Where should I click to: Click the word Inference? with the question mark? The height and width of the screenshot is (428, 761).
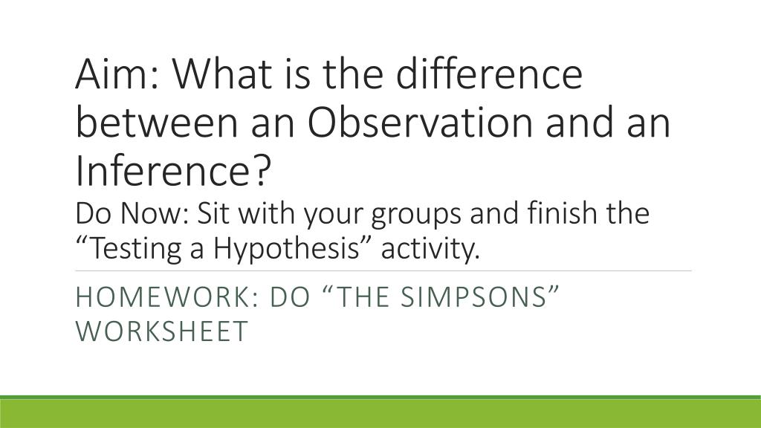tap(172, 172)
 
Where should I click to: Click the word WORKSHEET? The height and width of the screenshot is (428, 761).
tap(162, 331)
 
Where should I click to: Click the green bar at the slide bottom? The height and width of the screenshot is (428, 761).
tap(380, 413)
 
